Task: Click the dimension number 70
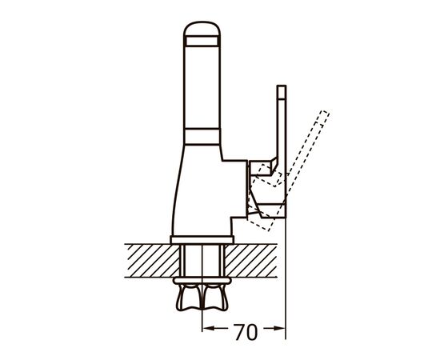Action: point(246,332)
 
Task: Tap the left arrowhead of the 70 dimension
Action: point(208,327)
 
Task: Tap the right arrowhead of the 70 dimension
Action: point(279,327)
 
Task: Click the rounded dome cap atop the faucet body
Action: point(202,29)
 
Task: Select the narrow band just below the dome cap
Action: point(202,41)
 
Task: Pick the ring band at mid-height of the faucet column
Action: point(202,137)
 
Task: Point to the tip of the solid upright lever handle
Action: point(282,86)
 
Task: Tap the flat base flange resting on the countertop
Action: point(202,240)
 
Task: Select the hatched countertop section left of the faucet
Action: point(151,261)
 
